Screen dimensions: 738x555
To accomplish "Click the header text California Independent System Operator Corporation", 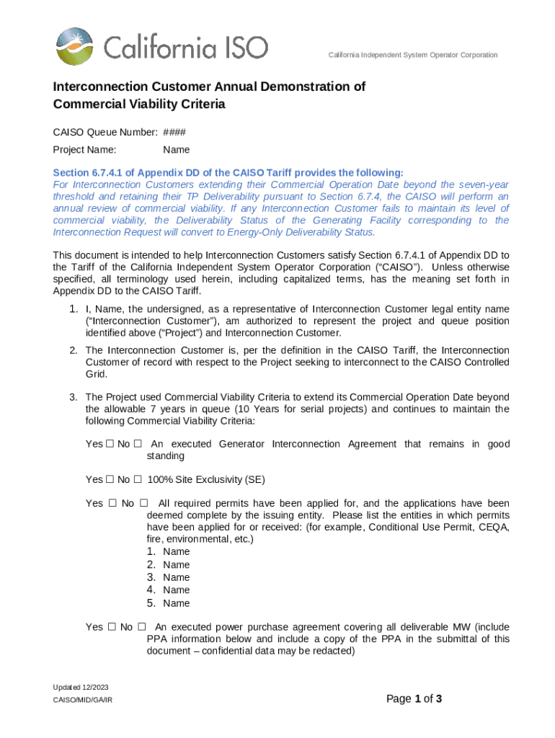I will pos(412,55).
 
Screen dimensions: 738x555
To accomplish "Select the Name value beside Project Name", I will pos(176,150).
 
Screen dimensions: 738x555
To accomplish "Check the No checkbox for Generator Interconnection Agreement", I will pos(138,444).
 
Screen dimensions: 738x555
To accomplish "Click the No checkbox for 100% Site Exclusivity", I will pos(138,479).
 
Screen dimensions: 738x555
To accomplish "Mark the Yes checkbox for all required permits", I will pos(112,503).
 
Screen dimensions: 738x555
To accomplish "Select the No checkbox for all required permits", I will pos(143,503).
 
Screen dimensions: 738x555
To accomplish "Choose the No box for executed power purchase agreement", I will pos(142,627).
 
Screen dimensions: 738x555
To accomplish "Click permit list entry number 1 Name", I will pos(176,552).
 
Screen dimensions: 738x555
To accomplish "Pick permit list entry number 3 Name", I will pos(176,577).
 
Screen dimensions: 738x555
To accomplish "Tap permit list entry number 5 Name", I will pos(176,603).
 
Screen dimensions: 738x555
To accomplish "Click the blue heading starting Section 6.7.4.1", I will pos(228,173).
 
